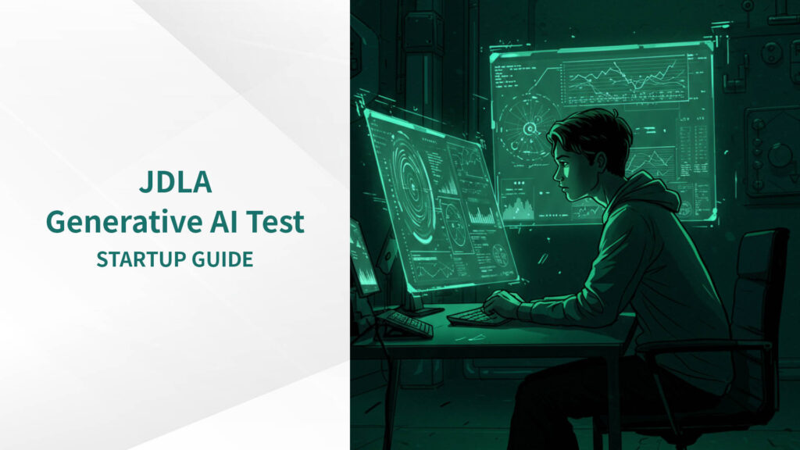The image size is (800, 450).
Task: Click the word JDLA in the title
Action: [x=176, y=183]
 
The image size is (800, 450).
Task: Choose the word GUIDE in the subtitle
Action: [x=223, y=259]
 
